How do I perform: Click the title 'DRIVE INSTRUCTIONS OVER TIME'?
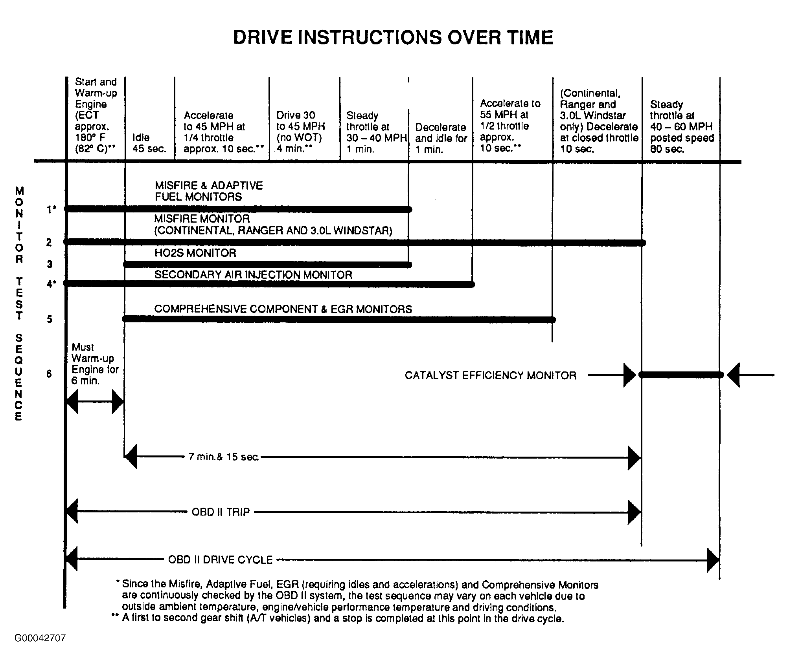pyautogui.click(x=393, y=38)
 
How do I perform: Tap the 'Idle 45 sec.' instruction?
pyautogui.click(x=149, y=143)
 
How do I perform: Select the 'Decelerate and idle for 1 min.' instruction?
pyautogui.click(x=441, y=138)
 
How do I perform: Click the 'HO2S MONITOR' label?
pyautogui.click(x=195, y=253)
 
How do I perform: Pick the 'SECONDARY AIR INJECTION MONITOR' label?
pyautogui.click(x=253, y=275)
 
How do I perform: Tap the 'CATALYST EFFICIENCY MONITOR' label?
pyautogui.click(x=490, y=376)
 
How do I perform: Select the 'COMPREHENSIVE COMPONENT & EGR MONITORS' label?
pyautogui.click(x=283, y=309)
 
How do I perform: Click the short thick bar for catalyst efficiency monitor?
pyautogui.click(x=681, y=375)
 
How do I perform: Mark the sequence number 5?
pyautogui.click(x=50, y=319)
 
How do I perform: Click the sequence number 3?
pyautogui.click(x=50, y=264)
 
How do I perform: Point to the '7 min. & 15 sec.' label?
pyautogui.click(x=223, y=457)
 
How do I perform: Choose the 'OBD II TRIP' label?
pyautogui.click(x=221, y=512)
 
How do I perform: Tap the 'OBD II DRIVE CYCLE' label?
pyautogui.click(x=220, y=559)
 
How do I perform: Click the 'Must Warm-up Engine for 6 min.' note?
pyautogui.click(x=95, y=364)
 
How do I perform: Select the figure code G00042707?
pyautogui.click(x=40, y=638)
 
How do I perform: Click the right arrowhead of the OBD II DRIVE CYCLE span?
pyautogui.click(x=713, y=560)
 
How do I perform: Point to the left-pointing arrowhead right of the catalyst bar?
pyautogui.click(x=733, y=375)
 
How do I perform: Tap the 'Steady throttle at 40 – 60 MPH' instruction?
pyautogui.click(x=682, y=127)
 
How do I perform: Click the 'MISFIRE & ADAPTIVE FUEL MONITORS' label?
pyautogui.click(x=208, y=191)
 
